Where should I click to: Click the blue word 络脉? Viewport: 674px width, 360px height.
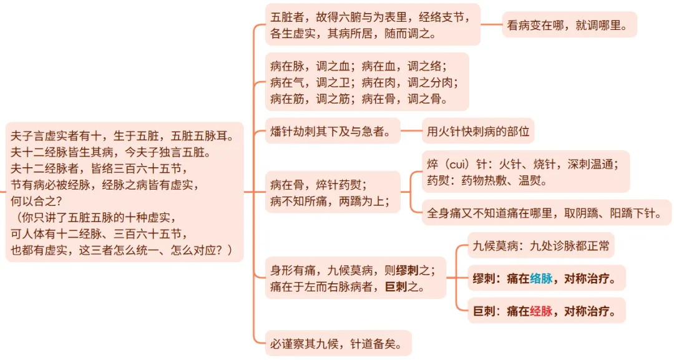541,279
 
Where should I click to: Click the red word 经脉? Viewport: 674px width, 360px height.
541,310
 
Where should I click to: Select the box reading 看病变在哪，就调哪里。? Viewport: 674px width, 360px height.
569,25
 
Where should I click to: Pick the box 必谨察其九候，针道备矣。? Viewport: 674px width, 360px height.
338,343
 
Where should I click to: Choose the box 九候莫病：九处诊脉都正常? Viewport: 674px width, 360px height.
541,246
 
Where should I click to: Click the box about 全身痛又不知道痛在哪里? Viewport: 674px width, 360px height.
546,213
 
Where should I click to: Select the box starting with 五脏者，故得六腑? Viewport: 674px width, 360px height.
373,24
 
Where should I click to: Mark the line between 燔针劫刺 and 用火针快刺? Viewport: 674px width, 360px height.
411,131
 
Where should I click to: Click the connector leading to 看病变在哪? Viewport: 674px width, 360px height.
491,25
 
